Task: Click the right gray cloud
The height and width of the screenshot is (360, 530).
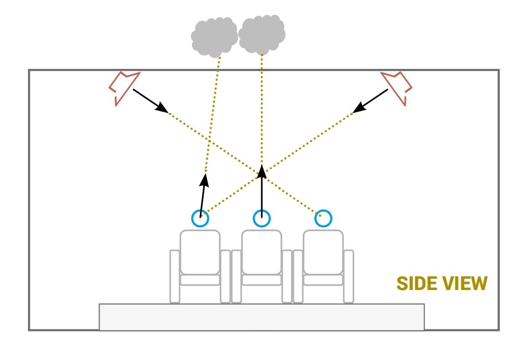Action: (x=261, y=34)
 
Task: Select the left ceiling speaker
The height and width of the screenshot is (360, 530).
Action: (x=122, y=87)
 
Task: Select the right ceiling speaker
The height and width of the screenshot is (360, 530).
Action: (x=397, y=87)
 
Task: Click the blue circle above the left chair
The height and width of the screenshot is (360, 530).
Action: (x=200, y=218)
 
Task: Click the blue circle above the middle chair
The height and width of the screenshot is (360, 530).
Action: (x=261, y=218)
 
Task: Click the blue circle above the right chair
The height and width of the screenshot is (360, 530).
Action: (x=323, y=218)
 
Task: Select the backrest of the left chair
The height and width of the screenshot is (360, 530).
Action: (x=200, y=252)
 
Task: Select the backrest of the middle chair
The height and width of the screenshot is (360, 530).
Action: (x=261, y=252)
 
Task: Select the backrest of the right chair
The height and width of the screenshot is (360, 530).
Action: (x=323, y=252)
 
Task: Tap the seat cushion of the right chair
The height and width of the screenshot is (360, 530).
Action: (x=323, y=280)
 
